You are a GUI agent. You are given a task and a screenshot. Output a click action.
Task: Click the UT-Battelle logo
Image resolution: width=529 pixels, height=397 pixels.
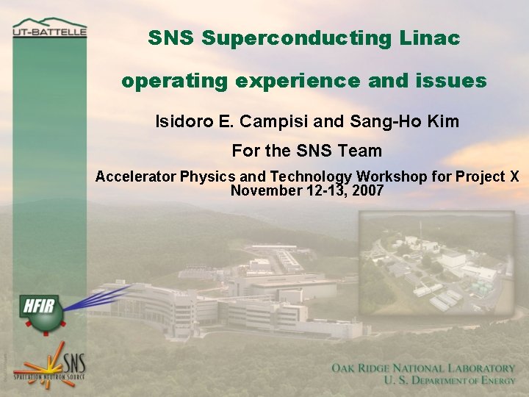pyautogui.click(x=49, y=29)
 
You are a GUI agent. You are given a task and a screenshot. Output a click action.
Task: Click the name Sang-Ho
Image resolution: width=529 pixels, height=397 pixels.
pyautogui.click(x=380, y=121)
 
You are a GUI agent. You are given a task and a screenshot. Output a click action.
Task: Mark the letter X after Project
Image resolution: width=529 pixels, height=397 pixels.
pyautogui.click(x=514, y=176)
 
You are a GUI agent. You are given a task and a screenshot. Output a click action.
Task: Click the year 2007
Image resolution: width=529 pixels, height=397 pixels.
pyautogui.click(x=368, y=190)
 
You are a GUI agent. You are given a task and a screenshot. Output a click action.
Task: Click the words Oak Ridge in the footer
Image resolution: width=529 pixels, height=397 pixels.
pyautogui.click(x=365, y=368)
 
